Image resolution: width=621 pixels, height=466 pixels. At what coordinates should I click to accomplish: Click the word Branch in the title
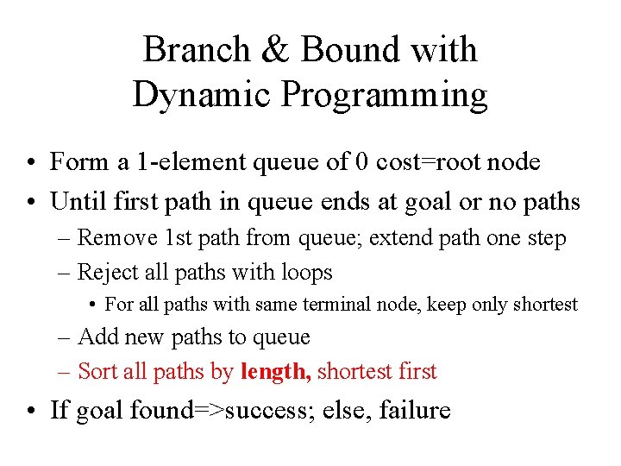pyautogui.click(x=195, y=49)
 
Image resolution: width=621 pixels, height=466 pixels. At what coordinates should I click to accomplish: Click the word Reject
pyautogui.click(x=108, y=273)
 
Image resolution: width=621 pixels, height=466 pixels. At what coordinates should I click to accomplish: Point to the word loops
pyautogui.click(x=302, y=273)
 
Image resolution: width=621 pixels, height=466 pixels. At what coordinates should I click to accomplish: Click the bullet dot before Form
pyautogui.click(x=31, y=162)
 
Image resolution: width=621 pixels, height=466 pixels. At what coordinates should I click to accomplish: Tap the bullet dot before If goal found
pyautogui.click(x=31, y=411)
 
